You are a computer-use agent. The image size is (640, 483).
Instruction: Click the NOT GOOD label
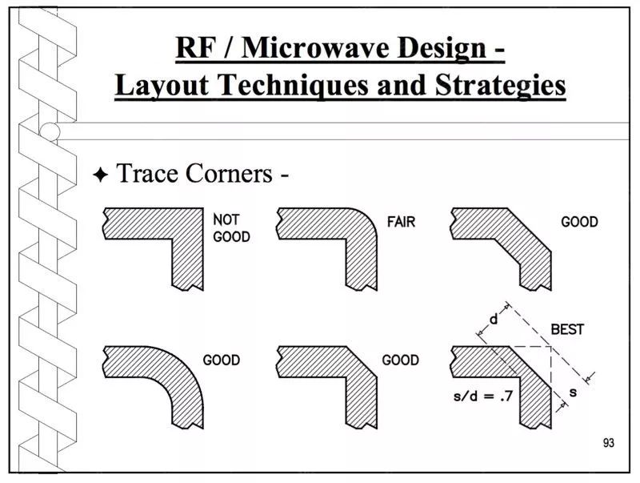click(x=231, y=228)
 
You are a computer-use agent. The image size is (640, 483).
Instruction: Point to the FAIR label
click(x=401, y=222)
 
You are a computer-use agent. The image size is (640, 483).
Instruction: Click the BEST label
click(x=567, y=329)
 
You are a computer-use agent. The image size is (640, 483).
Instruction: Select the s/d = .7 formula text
click(x=483, y=396)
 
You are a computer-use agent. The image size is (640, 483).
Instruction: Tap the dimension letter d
click(x=494, y=319)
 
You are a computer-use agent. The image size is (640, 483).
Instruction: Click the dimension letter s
click(x=573, y=392)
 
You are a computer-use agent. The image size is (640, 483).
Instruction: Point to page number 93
click(x=608, y=443)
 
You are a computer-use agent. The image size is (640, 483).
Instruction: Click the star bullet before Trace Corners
click(x=101, y=175)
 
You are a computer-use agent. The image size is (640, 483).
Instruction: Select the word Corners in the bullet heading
click(x=229, y=173)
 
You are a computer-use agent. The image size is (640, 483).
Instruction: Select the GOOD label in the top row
click(x=579, y=222)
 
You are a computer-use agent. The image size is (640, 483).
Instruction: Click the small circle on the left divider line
click(x=50, y=131)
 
